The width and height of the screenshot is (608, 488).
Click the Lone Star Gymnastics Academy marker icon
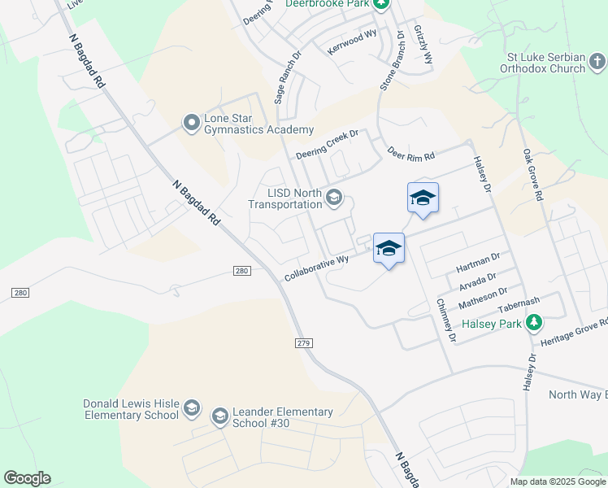(x=192, y=123)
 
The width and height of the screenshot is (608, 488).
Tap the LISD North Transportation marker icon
(x=333, y=198)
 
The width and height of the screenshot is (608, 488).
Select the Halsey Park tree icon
(x=534, y=324)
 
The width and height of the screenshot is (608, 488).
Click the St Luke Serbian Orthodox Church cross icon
(x=597, y=62)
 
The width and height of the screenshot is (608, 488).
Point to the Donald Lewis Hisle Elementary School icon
(x=192, y=407)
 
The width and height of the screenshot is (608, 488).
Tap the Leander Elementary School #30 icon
(x=219, y=417)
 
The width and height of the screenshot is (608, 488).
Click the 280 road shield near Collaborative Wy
(x=240, y=270)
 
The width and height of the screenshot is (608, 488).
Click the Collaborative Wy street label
(x=316, y=268)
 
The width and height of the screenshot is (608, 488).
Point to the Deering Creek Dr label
(x=328, y=143)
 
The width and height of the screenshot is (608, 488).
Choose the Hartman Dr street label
(x=477, y=262)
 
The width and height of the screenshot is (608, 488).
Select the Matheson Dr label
(x=482, y=297)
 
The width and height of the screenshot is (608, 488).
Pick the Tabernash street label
(x=519, y=305)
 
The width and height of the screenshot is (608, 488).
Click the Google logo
(x=27, y=478)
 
